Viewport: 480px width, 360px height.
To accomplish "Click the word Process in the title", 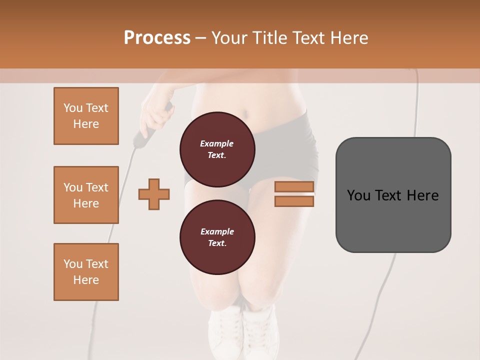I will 157,38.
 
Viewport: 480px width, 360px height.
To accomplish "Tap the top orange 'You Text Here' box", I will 86,116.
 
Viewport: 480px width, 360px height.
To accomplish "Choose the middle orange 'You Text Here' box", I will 86,195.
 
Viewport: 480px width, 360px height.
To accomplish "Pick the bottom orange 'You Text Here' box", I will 86,272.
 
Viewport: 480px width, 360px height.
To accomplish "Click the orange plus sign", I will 154,194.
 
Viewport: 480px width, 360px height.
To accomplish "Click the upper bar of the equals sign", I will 294,187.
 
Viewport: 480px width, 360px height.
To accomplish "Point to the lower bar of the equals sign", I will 294,201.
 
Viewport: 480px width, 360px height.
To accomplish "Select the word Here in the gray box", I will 422,195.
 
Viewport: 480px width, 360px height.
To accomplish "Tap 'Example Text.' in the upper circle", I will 217,149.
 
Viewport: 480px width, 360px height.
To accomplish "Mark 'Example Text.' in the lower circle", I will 217,237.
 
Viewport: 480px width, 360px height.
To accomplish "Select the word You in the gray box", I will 358,195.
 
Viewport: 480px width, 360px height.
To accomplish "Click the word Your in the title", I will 230,38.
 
